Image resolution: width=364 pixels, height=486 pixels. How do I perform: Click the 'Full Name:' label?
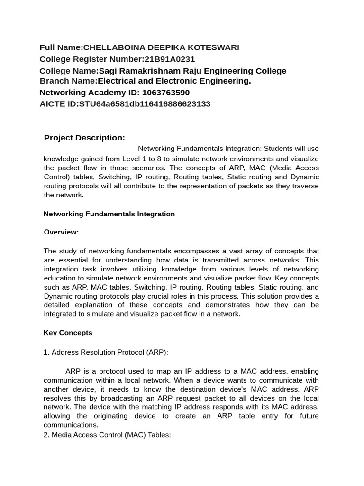[61, 47]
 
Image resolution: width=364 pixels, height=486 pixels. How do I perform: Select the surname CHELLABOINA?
[110, 47]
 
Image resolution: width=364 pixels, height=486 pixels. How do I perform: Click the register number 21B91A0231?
[170, 59]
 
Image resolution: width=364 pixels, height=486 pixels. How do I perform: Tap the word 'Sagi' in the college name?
[108, 71]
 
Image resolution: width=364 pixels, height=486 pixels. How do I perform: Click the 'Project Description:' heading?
[84, 138]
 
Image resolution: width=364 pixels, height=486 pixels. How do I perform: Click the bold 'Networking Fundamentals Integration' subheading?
[109, 214]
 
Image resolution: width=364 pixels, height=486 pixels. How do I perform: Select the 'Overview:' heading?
[61, 232]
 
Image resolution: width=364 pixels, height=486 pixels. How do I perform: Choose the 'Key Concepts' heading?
[68, 333]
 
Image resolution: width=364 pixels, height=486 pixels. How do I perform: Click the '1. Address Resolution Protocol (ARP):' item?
[106, 352]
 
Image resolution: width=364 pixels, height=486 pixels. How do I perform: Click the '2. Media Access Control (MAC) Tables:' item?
[107, 434]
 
